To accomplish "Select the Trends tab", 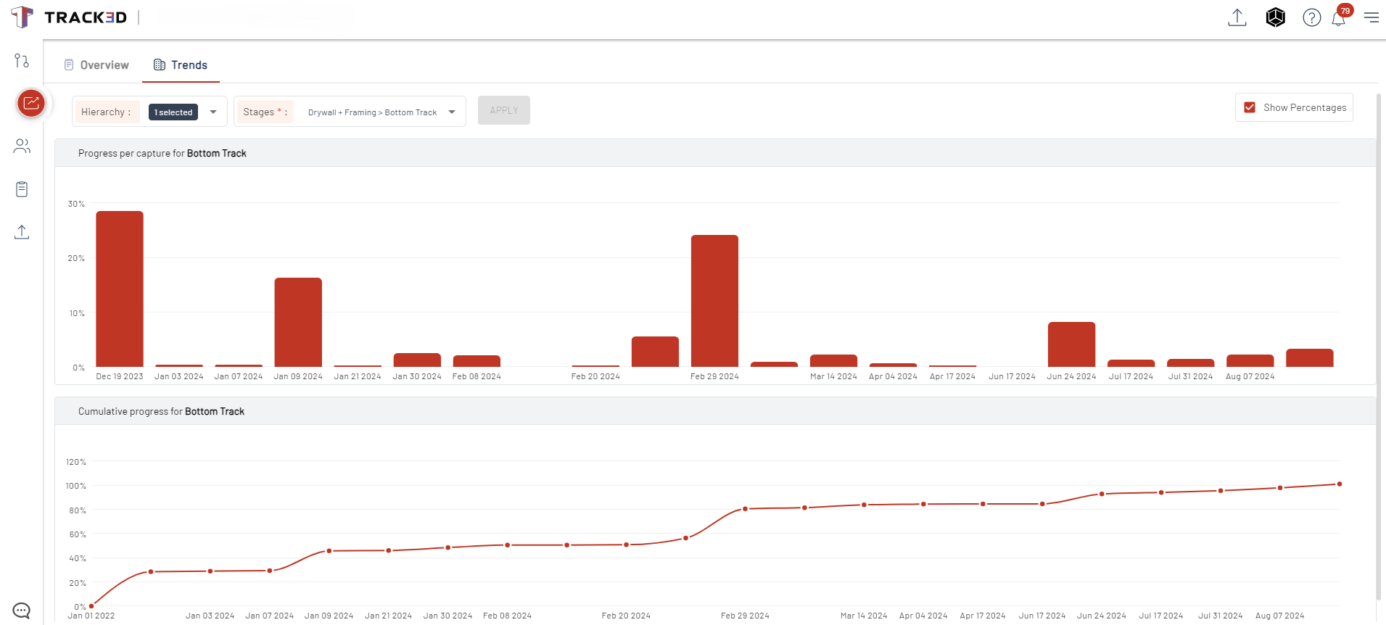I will (x=181, y=65).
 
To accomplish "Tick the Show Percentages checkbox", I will (x=1250, y=107).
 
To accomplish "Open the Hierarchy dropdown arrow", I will (x=213, y=112).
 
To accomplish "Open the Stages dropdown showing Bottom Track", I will (x=452, y=112).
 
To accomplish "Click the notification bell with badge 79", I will (x=1339, y=18).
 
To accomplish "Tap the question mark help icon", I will (x=1311, y=17).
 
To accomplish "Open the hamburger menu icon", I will (x=1371, y=17).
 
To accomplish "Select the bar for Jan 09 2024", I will (x=298, y=322).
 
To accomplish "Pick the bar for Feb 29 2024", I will (x=714, y=300).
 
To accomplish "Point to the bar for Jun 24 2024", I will (x=1071, y=344).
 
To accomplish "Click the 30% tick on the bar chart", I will (x=76, y=204).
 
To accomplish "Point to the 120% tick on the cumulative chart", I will (x=76, y=462).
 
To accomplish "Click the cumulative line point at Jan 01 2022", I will (x=91, y=606).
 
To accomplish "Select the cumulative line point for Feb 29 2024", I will (x=745, y=509).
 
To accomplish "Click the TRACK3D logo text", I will (x=85, y=17).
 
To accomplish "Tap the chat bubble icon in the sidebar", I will (x=22, y=610).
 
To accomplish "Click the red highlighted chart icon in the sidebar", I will (x=31, y=103).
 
